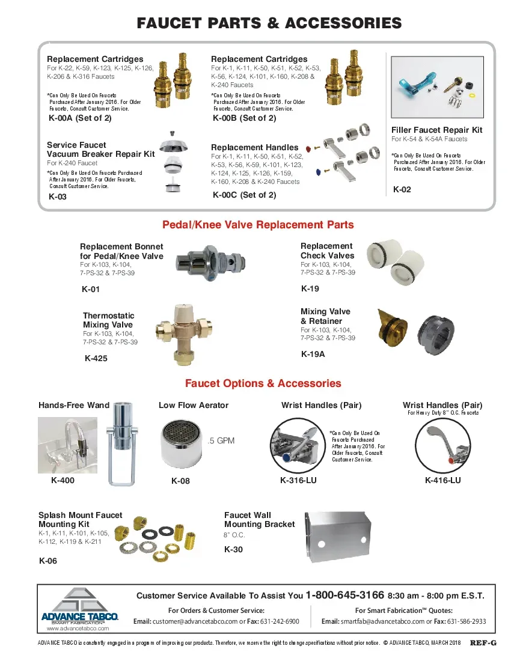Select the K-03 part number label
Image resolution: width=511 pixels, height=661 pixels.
(58, 196)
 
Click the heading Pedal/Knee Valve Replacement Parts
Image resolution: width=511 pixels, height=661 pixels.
(258, 225)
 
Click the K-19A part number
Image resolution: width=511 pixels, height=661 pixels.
(313, 354)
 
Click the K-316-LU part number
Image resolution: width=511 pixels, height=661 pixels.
(298, 480)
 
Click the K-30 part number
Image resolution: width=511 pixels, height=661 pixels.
(233, 549)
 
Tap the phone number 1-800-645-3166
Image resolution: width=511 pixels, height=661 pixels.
(344, 596)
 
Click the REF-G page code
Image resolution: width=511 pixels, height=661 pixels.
(483, 642)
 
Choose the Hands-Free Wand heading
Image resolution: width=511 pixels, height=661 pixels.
(74, 405)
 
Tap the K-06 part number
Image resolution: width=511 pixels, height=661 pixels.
(48, 561)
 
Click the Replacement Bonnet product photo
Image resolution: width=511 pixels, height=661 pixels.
(204, 263)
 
